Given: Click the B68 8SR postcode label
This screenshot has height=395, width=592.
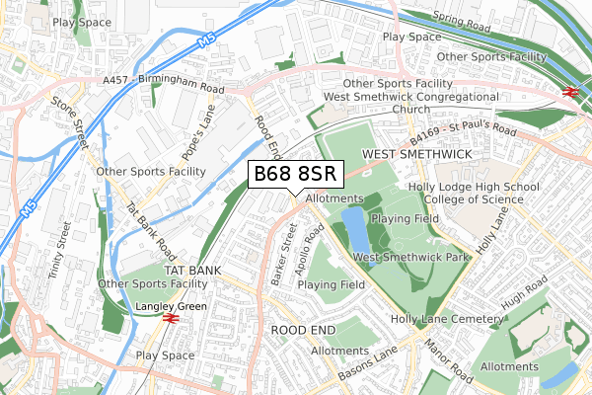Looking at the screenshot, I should (296, 175).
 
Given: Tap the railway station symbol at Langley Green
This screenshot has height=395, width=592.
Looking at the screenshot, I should (170, 320).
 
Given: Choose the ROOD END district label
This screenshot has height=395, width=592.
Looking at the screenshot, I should (303, 329).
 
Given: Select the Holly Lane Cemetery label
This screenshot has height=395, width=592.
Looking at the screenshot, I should (447, 320).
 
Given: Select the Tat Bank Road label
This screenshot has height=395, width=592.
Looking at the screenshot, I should (150, 228).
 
